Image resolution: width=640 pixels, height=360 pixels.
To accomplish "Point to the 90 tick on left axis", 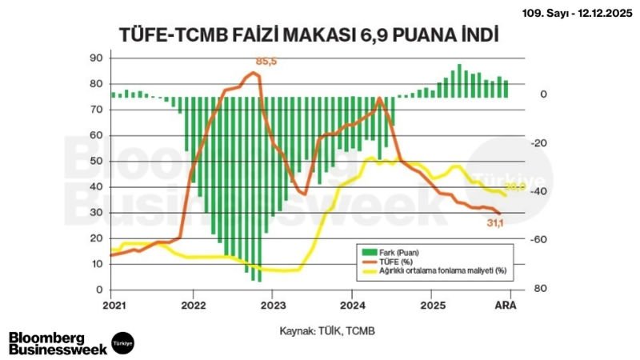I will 96,58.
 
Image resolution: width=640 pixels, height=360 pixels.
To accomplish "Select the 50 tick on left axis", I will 96,161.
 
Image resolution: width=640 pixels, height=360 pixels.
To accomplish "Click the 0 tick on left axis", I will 99,290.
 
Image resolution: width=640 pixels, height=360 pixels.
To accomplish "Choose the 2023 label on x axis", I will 273,306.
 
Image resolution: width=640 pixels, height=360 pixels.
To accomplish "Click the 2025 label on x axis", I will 432,306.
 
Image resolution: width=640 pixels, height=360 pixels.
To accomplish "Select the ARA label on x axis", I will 506,306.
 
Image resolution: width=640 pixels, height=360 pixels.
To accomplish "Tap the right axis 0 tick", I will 542,94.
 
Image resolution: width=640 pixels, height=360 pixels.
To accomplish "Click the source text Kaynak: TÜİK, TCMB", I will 326,330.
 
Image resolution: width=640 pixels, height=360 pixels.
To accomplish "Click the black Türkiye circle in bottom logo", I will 122,342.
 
